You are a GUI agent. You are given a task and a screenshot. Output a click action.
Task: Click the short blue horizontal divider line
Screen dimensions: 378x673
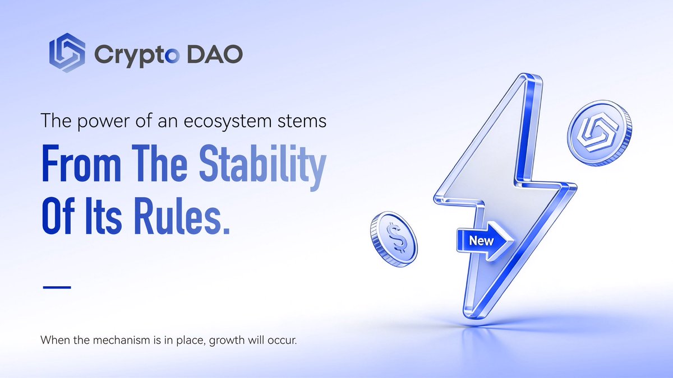point(57,287)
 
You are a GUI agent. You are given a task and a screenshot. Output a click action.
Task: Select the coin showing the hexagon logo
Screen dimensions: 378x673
point(598,136)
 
